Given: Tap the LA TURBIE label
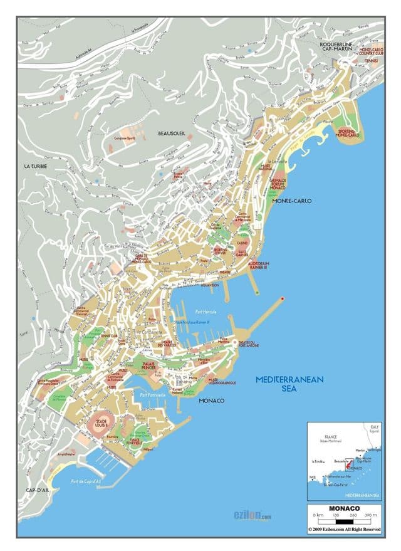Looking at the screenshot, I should click(x=36, y=166).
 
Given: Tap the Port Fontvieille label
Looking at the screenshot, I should click(x=153, y=395).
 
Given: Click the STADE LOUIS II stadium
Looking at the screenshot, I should click(x=98, y=422).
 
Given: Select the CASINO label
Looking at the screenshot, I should click(x=242, y=243).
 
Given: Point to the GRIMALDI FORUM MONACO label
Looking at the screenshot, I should click(x=278, y=184).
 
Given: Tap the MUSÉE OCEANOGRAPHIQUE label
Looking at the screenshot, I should click(x=221, y=380).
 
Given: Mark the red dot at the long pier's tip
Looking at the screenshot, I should click(x=283, y=298).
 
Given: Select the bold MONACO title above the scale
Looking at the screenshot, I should click(x=344, y=508).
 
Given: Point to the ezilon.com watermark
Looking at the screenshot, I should click(x=249, y=517).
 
